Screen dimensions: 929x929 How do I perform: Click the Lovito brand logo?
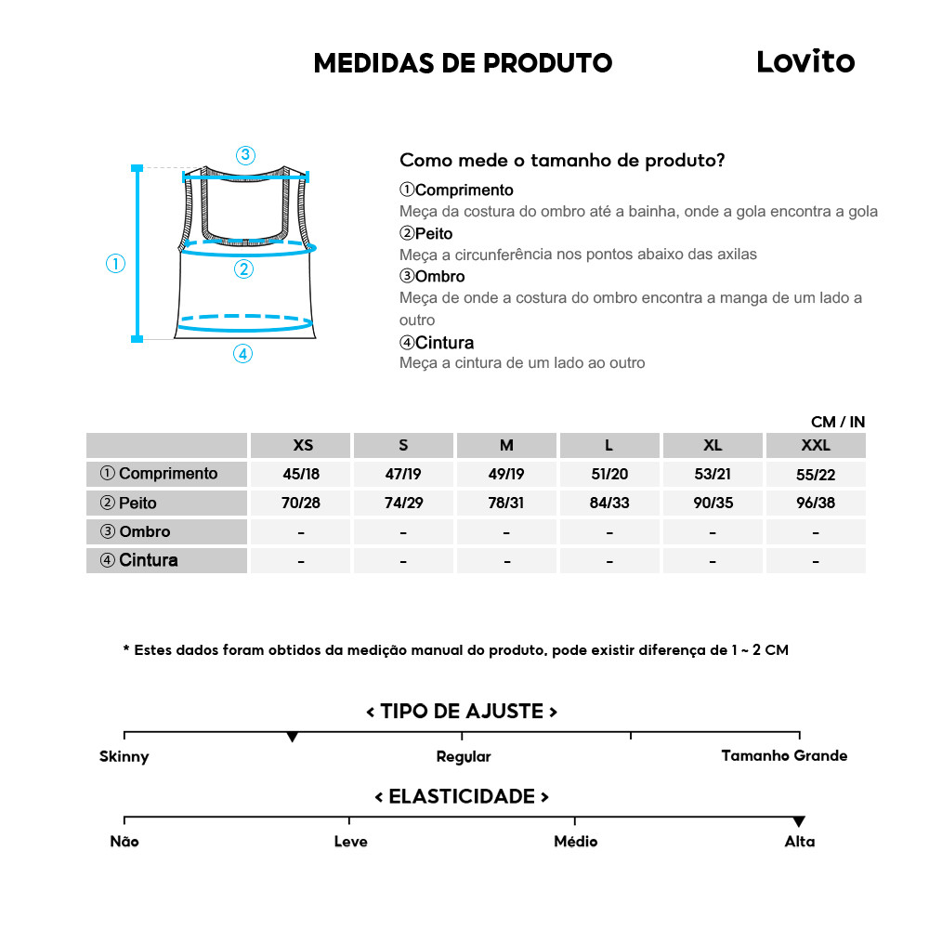tap(805, 61)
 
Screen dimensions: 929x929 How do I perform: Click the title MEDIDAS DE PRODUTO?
tap(463, 63)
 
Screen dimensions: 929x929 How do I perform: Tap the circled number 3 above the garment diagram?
tap(245, 155)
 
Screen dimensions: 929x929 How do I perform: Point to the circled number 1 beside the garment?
tap(115, 264)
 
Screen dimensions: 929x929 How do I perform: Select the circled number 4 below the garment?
tap(242, 353)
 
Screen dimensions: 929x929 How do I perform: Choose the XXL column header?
tap(816, 445)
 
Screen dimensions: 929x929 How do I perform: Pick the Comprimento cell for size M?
tap(506, 474)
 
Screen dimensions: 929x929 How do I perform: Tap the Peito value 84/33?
tap(609, 503)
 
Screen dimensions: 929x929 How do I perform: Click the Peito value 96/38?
tap(816, 503)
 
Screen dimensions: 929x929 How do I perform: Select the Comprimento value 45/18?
tap(301, 474)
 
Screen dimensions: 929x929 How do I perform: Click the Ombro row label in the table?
tap(136, 531)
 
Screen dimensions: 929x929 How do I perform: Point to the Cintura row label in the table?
tap(139, 560)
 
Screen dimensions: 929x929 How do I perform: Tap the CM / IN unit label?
tap(838, 422)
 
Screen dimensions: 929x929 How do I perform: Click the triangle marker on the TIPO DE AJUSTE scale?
tap(293, 737)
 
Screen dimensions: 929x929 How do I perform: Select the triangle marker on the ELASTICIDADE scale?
tap(799, 821)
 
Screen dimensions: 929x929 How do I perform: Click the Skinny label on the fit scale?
tap(124, 756)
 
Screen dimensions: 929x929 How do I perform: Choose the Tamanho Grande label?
tap(784, 755)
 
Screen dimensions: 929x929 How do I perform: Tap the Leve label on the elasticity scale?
tap(350, 842)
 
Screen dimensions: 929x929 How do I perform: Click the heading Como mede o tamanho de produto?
tap(562, 160)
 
